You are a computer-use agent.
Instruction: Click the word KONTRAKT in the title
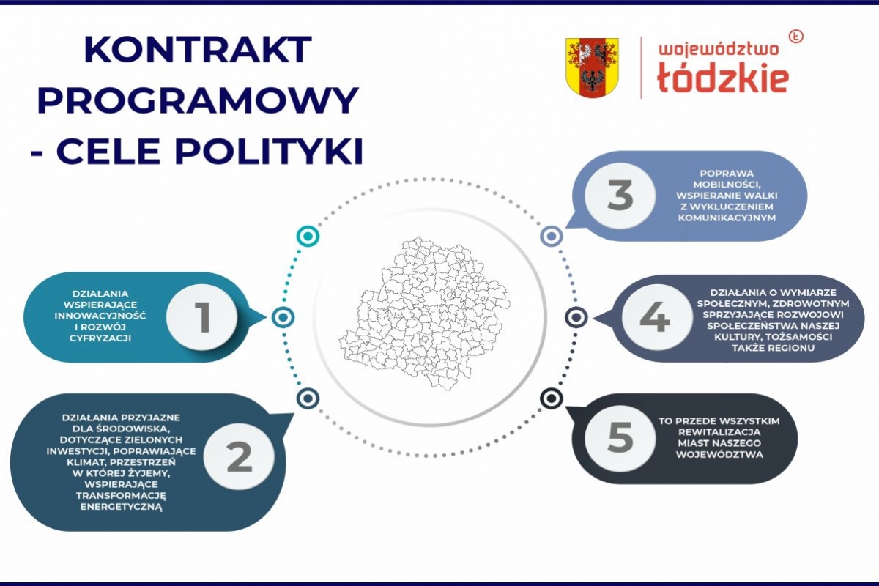198,51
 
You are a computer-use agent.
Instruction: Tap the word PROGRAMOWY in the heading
198,100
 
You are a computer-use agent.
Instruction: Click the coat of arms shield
592,68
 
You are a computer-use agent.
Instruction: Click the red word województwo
719,50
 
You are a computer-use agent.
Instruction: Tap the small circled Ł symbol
795,37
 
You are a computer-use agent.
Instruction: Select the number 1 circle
201,316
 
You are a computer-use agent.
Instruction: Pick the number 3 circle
620,195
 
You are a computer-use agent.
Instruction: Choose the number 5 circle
620,437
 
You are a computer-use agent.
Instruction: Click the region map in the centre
425,314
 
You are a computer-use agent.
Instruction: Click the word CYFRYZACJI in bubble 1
100,338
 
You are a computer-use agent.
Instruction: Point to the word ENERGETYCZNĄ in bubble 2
122,507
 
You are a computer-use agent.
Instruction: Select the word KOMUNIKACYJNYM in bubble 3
727,218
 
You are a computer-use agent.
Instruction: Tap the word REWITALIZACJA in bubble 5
719,431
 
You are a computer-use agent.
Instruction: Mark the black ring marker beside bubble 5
552,398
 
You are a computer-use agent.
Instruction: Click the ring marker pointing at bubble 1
283,316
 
